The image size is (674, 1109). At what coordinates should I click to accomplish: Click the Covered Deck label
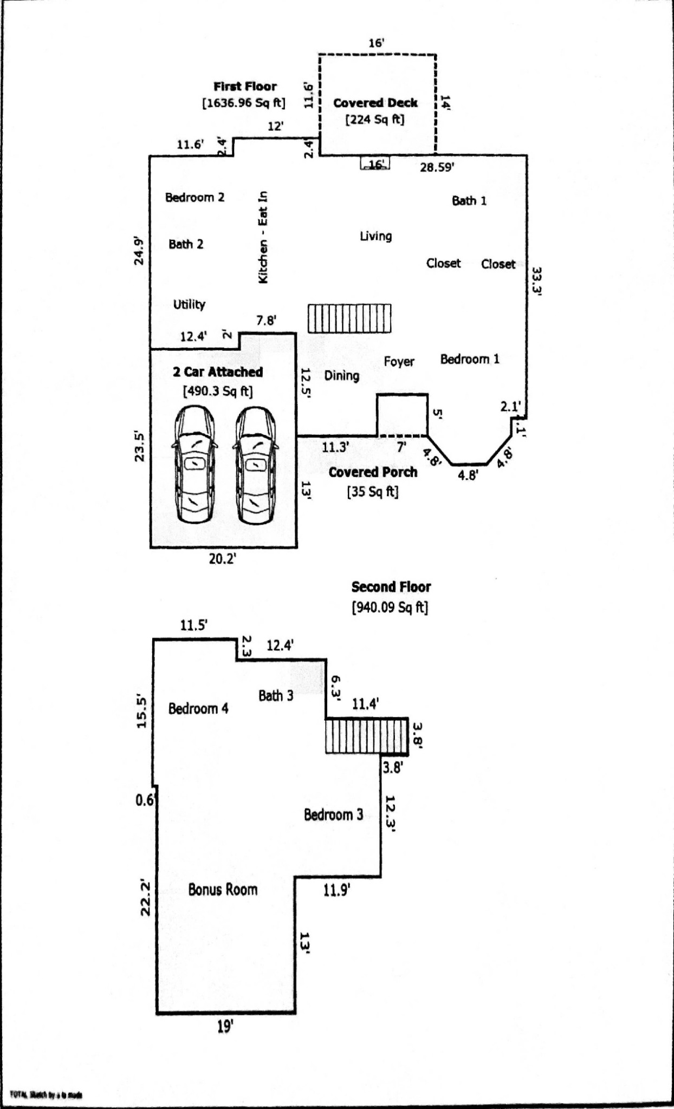tap(375, 103)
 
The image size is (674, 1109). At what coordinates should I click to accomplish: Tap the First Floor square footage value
tap(244, 103)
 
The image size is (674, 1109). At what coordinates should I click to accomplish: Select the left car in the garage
tap(194, 465)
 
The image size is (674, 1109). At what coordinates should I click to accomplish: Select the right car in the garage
tap(255, 465)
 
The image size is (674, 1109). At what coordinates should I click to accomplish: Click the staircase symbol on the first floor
tap(349, 318)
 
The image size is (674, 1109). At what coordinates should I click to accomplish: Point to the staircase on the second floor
tap(367, 736)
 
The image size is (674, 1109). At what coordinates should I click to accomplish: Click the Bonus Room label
tap(223, 889)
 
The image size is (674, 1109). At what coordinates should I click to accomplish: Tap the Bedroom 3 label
tap(333, 814)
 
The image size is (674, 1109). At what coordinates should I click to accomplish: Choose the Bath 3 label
tap(276, 696)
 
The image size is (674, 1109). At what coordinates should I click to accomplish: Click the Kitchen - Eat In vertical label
tap(263, 237)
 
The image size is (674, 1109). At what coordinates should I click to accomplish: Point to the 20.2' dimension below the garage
tap(223, 559)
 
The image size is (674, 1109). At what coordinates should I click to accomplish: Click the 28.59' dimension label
tap(437, 167)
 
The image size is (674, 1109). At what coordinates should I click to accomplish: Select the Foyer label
tap(399, 362)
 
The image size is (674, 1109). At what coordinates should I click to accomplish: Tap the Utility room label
tap(189, 304)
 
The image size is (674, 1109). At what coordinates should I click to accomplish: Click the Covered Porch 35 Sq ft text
tap(373, 492)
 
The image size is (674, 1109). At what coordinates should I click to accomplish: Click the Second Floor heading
tap(391, 587)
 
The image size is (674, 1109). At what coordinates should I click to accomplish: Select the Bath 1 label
tap(469, 201)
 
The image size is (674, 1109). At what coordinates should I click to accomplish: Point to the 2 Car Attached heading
tap(218, 372)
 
